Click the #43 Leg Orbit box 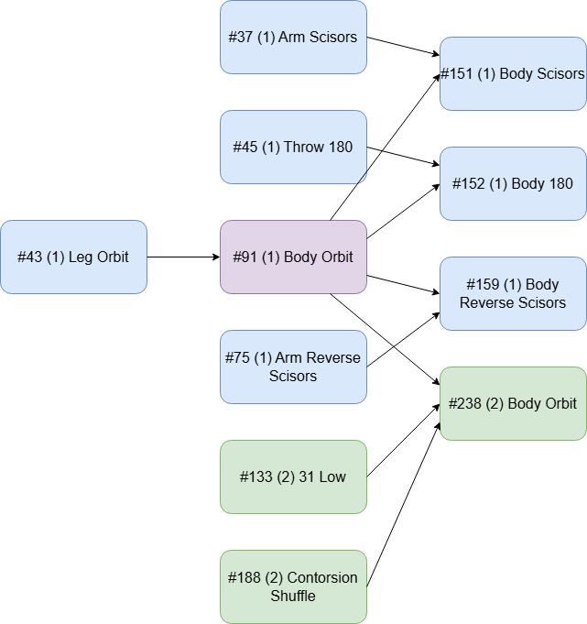tap(73, 257)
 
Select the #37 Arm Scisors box tap(293, 37)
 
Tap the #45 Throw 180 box tap(293, 147)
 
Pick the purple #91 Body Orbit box tap(293, 257)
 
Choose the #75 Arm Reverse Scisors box tap(293, 367)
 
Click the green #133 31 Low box tap(293, 476)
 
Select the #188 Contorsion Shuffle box tap(293, 586)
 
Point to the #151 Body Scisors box tap(513, 73)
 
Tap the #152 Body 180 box tap(513, 183)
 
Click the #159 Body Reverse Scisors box tap(513, 293)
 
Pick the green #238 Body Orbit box tap(513, 403)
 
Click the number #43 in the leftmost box tap(29, 257)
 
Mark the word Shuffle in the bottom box tap(293, 596)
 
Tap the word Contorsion tap(322, 578)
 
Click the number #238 tap(467, 404)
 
